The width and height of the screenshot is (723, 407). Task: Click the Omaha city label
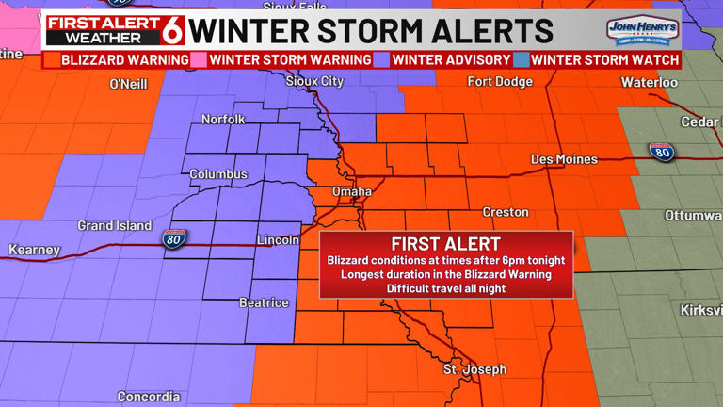click(x=352, y=191)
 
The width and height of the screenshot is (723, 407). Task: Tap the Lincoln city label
click(x=278, y=239)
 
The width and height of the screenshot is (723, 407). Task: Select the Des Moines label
click(x=564, y=159)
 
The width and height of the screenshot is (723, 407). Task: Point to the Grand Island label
click(x=114, y=226)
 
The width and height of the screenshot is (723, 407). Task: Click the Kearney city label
click(x=34, y=250)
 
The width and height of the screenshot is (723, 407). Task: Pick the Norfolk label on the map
click(x=223, y=120)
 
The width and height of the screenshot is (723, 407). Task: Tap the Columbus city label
click(x=218, y=174)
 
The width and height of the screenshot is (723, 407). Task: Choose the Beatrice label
click(x=264, y=302)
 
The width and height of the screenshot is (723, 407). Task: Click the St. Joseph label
click(x=474, y=369)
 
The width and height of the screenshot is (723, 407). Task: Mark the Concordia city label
click(x=149, y=397)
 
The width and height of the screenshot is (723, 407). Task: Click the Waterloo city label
click(x=649, y=83)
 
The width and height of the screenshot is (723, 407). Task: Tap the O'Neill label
click(x=129, y=84)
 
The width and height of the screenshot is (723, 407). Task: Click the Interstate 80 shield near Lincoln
click(x=174, y=240)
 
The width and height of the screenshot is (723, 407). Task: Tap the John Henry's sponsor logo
click(x=642, y=30)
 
